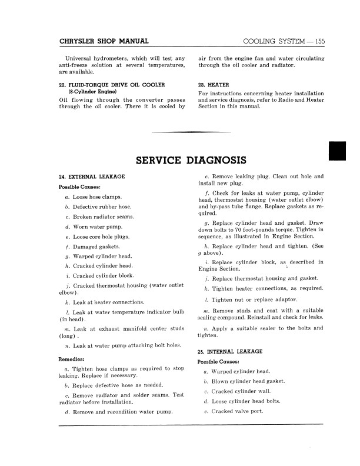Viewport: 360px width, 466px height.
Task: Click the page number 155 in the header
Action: [x=317, y=41]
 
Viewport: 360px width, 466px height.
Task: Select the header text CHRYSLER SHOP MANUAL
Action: [x=104, y=41]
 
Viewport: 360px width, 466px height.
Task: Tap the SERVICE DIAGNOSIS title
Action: [x=191, y=160]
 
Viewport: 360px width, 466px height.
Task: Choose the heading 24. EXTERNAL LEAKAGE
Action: [x=92, y=177]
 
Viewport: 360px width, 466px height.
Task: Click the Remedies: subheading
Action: [x=74, y=358]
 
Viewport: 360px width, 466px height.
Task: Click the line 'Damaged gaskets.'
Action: [x=94, y=247]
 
